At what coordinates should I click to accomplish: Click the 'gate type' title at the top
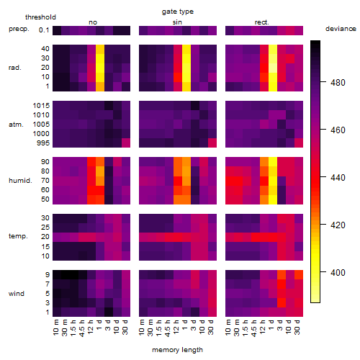click(178, 12)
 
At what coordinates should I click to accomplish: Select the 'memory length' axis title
click(178, 350)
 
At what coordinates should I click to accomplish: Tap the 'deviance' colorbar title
click(341, 29)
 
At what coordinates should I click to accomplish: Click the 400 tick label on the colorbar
click(338, 273)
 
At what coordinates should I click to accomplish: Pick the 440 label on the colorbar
click(338, 178)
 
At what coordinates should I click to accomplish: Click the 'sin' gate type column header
click(177, 22)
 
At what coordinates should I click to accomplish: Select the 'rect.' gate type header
click(261, 22)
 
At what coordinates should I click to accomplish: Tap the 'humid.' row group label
click(20, 181)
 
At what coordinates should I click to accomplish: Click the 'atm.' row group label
click(16, 125)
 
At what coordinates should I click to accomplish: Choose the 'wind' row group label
click(17, 294)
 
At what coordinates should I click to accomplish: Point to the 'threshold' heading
click(40, 17)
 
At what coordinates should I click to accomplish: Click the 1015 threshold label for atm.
click(41, 106)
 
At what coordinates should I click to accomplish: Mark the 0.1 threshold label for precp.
click(44, 30)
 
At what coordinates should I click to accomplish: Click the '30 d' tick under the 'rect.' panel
click(297, 327)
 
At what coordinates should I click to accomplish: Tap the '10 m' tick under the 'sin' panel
click(142, 328)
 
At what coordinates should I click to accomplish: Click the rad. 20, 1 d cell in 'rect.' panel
click(273, 68)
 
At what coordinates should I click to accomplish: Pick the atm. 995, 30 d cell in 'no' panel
click(126, 143)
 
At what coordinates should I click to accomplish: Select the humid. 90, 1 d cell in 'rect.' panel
click(273, 162)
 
